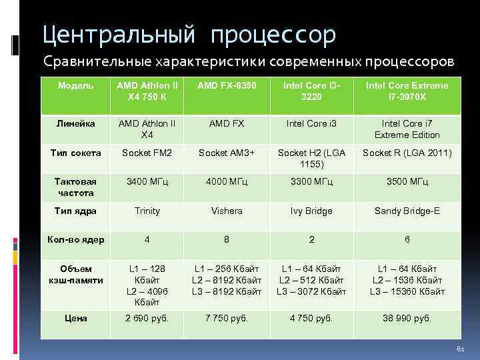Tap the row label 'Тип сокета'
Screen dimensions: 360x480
tap(76, 153)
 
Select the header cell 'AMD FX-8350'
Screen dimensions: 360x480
tap(227, 85)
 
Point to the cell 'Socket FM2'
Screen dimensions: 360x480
tap(147, 153)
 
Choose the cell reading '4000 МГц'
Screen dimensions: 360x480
tap(227, 182)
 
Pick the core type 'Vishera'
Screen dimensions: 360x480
tap(227, 211)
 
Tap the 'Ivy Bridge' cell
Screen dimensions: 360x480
tap(311, 211)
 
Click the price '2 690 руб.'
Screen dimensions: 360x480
tap(147, 318)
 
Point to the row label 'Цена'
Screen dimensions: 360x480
tap(76, 318)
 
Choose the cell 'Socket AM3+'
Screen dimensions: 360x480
tap(227, 153)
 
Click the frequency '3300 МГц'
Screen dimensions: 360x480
tap(311, 182)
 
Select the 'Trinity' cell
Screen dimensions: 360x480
tap(147, 211)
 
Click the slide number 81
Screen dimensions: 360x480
tap(459, 350)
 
